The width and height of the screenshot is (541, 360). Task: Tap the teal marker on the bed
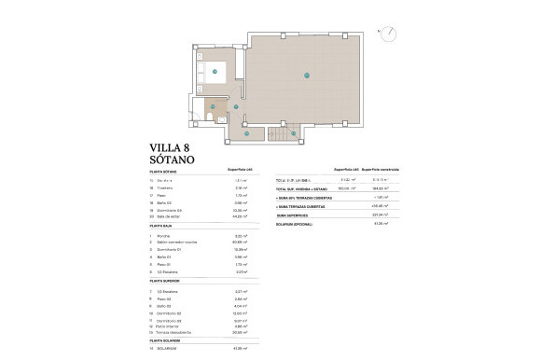[215, 71]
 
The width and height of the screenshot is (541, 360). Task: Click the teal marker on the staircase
[294, 133]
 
